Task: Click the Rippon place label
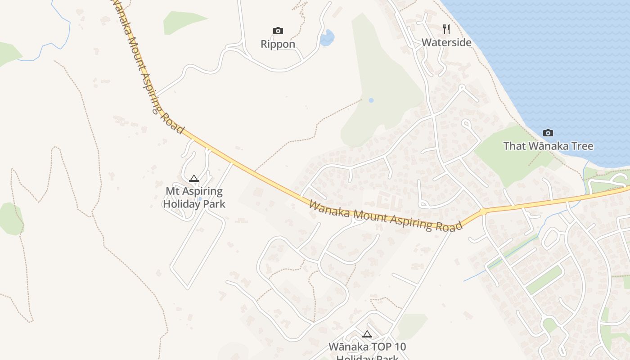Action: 278,44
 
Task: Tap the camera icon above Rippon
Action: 278,31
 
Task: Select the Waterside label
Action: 446,43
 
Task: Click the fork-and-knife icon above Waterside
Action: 446,29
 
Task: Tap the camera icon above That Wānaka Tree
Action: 548,133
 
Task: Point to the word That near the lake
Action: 514,146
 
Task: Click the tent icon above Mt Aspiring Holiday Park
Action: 194,178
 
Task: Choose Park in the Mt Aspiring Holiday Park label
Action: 214,204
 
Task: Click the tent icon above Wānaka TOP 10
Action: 367,334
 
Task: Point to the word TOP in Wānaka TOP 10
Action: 374,347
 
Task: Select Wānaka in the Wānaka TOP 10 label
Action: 345,347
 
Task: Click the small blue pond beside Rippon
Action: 327,38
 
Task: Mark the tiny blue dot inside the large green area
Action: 371,100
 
